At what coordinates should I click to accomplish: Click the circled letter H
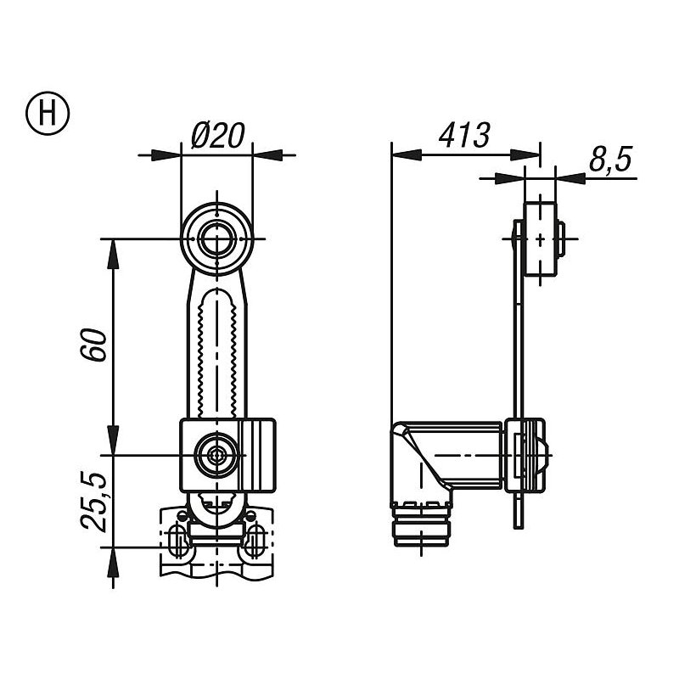coord(48,113)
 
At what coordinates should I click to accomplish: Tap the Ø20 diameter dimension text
coord(218,135)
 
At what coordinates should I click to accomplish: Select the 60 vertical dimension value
coord(93,345)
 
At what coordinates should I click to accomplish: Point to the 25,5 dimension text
coord(93,502)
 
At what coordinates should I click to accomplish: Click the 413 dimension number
coord(464,135)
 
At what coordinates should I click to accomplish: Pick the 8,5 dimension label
coord(610,160)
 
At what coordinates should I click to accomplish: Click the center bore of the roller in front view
coord(217,238)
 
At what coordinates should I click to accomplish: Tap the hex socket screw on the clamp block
coord(216,455)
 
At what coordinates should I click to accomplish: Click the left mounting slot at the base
coord(177,539)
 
